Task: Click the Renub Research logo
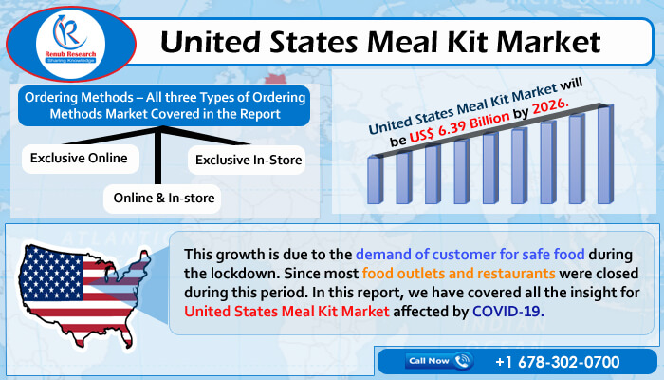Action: tap(71, 44)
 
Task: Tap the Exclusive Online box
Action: tap(81, 159)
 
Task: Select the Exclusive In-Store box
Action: tap(247, 161)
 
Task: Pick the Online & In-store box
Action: tap(162, 199)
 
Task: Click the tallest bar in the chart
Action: tap(605, 154)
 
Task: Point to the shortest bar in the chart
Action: tap(376, 180)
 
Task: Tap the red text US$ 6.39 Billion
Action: tap(459, 127)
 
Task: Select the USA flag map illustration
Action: tap(84, 294)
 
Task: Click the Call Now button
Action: tap(439, 361)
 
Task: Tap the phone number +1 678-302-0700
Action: tap(558, 362)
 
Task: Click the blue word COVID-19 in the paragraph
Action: tap(507, 312)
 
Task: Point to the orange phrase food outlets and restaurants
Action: tap(458, 274)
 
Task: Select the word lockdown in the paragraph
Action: tap(245, 274)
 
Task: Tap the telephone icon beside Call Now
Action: tap(463, 361)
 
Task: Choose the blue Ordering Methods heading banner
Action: tap(164, 105)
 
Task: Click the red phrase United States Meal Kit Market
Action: tap(286, 312)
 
